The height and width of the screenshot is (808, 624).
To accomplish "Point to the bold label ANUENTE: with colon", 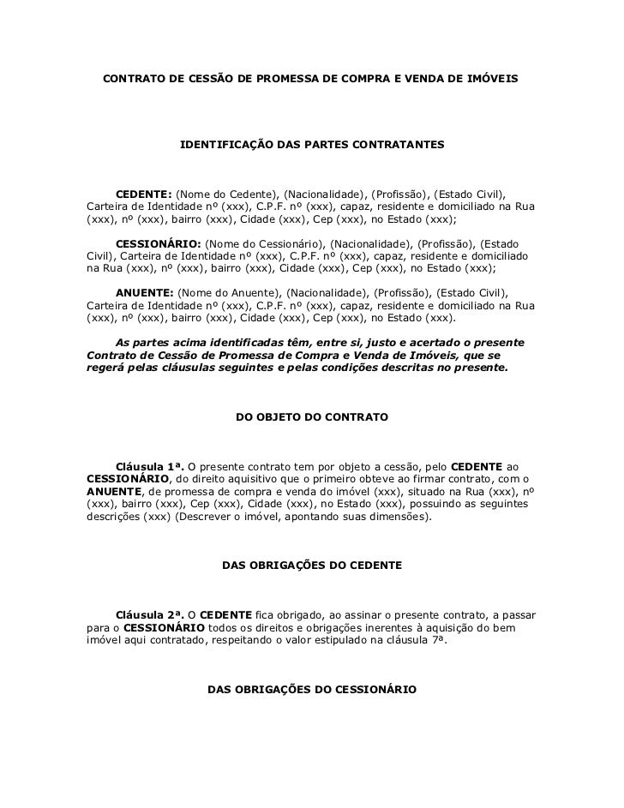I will tap(145, 292).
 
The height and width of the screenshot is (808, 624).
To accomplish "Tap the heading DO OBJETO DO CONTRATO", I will tap(312, 418).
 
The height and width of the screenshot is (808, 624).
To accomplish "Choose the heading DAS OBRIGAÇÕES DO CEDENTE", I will tap(311, 566).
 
